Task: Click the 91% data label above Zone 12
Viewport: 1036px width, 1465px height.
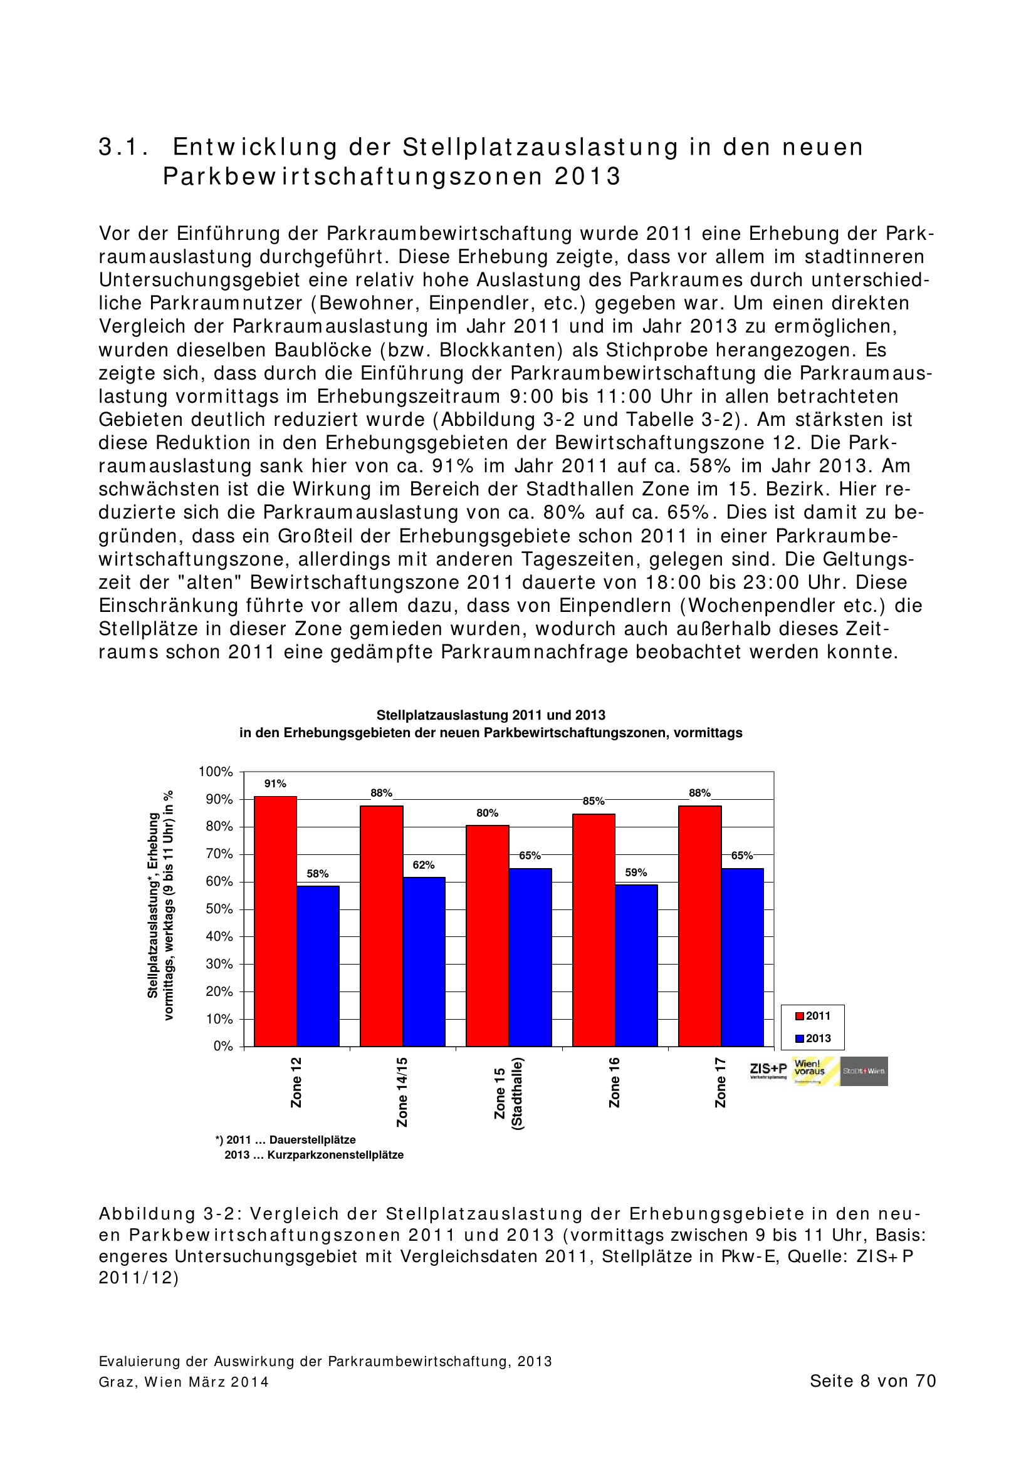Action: [275, 784]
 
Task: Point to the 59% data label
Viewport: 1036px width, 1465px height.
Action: [636, 872]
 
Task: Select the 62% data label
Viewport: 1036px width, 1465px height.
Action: [423, 864]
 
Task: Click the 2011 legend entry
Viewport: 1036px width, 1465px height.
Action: [813, 1016]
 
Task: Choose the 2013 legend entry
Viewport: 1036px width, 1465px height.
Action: [813, 1038]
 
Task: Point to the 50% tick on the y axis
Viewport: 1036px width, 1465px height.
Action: [219, 909]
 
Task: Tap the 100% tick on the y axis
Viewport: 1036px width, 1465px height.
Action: [216, 772]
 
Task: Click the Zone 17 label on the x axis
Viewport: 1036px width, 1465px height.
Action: [721, 1083]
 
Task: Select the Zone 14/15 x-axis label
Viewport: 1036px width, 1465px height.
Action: [402, 1092]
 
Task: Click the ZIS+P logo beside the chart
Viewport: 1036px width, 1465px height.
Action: [768, 1070]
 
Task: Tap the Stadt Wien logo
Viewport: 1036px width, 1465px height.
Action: [863, 1071]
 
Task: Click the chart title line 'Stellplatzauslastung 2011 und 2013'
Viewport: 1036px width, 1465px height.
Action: [490, 715]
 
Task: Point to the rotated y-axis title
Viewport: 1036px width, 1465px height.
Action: [160, 906]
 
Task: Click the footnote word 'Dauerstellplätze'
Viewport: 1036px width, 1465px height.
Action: [312, 1139]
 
